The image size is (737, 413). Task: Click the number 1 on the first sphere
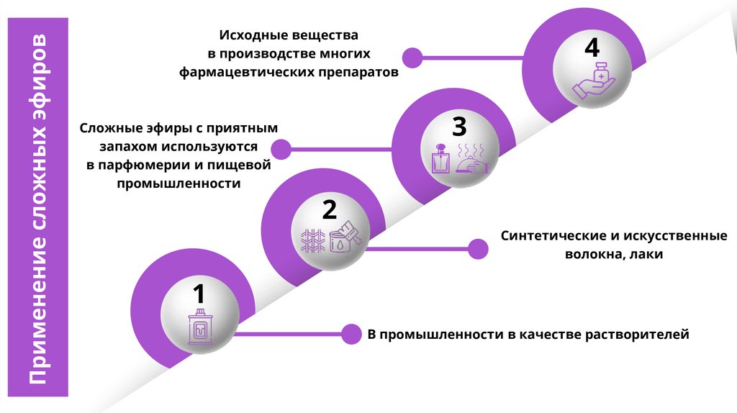[199, 294]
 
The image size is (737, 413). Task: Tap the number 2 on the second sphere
[329, 210]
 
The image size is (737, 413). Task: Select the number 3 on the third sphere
[459, 127]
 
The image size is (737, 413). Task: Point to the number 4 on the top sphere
[592, 48]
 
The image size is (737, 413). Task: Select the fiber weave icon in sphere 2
[313, 240]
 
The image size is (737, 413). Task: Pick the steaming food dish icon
[473, 159]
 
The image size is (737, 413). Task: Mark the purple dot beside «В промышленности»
[351, 334]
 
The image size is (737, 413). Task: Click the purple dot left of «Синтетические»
[478, 249]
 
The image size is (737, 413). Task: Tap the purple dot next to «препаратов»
[412, 57]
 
